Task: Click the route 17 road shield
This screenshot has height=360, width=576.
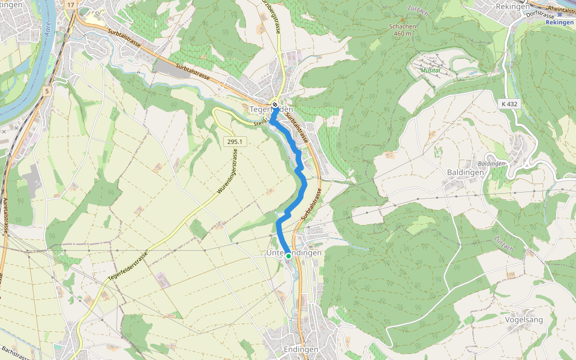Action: pyautogui.click(x=71, y=5)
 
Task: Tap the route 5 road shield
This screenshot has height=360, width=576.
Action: pyautogui.click(x=46, y=91)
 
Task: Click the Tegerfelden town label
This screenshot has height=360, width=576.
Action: pyautogui.click(x=271, y=109)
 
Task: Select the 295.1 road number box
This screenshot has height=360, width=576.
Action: pyautogui.click(x=235, y=142)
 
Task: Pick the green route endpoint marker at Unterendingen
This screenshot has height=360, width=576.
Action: pyautogui.click(x=288, y=256)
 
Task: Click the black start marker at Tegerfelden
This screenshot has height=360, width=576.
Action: pyautogui.click(x=275, y=104)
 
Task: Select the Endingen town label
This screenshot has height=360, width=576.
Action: pyautogui.click(x=300, y=349)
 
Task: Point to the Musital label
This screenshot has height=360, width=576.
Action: pyautogui.click(x=430, y=70)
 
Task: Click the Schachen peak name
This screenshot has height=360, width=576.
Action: pyautogui.click(x=402, y=26)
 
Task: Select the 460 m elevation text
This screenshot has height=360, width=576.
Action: pyautogui.click(x=402, y=34)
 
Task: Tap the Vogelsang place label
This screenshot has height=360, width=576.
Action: pyautogui.click(x=524, y=319)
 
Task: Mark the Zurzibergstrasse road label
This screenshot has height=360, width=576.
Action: pyautogui.click(x=277, y=18)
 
